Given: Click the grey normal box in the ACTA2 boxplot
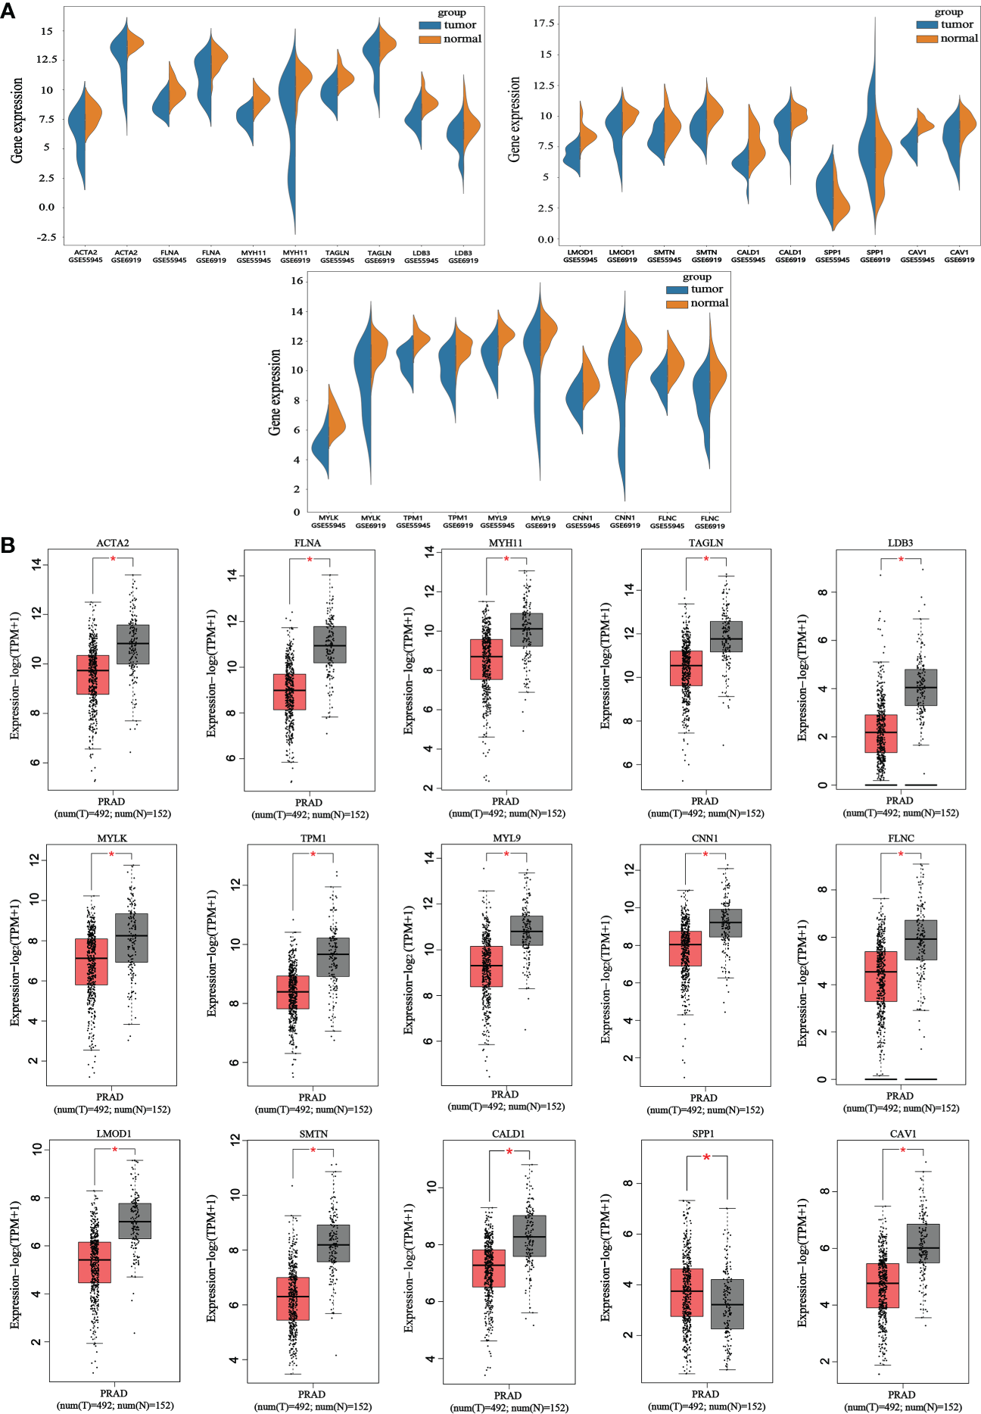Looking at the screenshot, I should pyautogui.click(x=132, y=645).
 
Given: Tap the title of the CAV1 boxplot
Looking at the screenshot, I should pyautogui.click(x=902, y=1134).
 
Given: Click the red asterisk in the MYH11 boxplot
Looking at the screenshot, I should pyautogui.click(x=506, y=559).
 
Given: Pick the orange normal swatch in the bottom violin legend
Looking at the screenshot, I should pyautogui.click(x=677, y=304).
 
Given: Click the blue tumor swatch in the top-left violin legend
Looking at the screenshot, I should pyautogui.click(x=429, y=25).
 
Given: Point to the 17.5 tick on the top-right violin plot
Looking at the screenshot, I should pyautogui.click(x=543, y=23).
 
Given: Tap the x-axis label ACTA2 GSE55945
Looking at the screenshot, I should pyautogui.click(x=86, y=256).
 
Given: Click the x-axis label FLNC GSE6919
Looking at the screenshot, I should pyautogui.click(x=709, y=522).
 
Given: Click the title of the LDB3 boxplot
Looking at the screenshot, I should pyautogui.click(x=900, y=543).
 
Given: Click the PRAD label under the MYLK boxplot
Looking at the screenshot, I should pyautogui.click(x=111, y=1097).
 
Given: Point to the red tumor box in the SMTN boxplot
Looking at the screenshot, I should pyautogui.click(x=293, y=1298).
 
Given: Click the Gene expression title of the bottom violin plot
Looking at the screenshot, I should pyautogui.click(x=275, y=392).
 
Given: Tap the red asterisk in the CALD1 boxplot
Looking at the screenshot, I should pyautogui.click(x=509, y=1152).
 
